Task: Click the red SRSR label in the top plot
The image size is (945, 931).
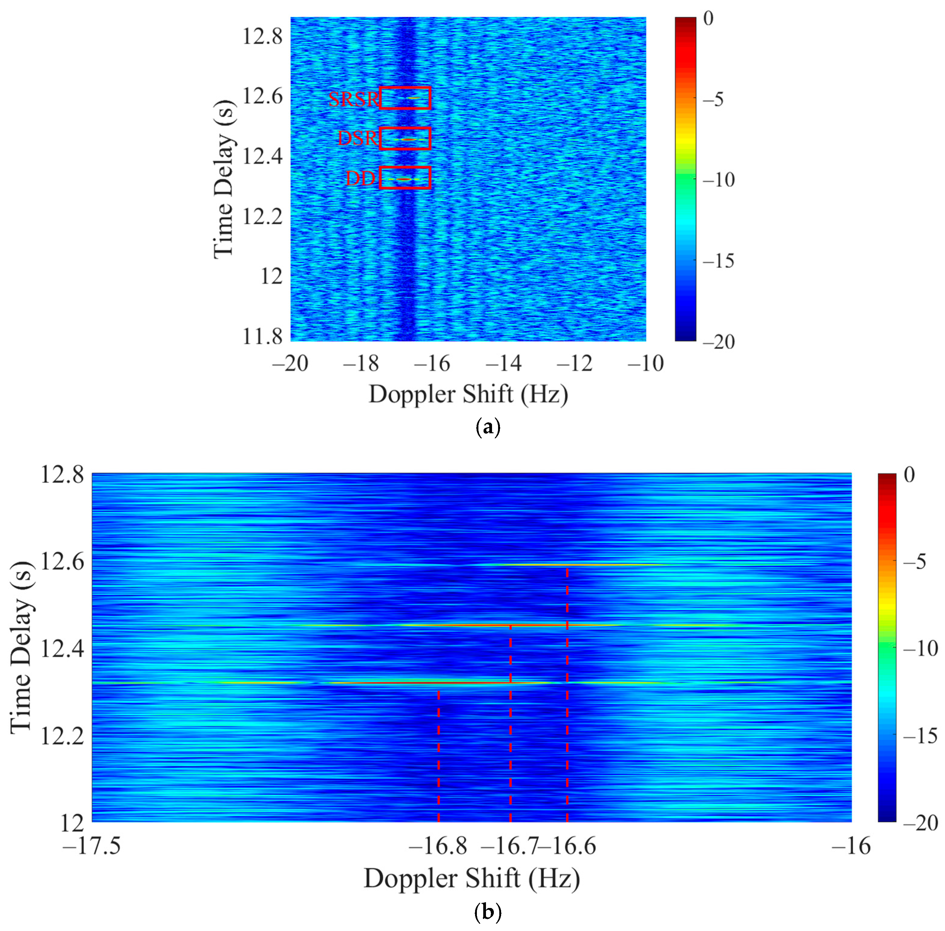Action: point(353,99)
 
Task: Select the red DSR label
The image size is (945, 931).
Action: point(358,139)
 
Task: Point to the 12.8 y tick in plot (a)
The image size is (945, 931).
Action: point(262,36)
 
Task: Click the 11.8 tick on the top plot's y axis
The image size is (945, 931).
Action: point(262,336)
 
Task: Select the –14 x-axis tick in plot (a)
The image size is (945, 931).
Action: point(503,363)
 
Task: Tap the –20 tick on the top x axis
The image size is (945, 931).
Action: point(290,363)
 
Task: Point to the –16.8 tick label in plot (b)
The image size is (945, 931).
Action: point(438,845)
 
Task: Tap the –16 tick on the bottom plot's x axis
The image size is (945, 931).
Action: point(851,845)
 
